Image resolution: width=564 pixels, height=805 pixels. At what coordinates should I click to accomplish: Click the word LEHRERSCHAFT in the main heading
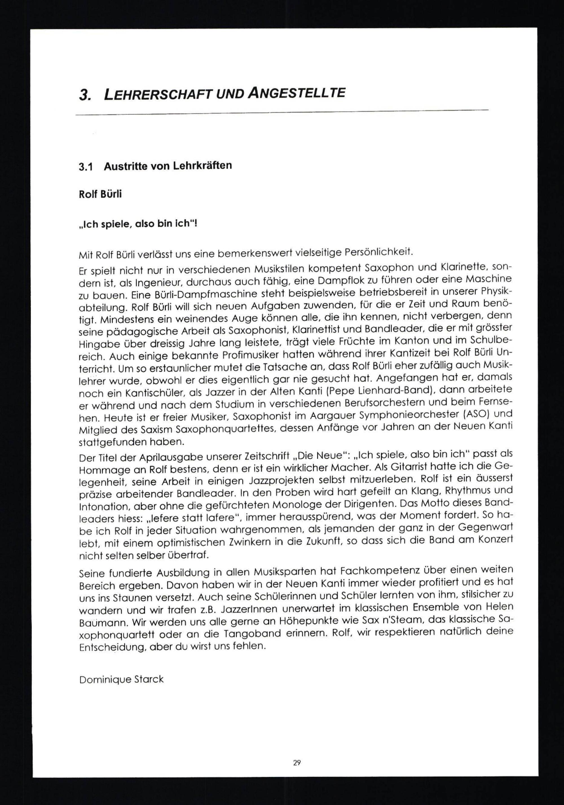pyautogui.click(x=156, y=95)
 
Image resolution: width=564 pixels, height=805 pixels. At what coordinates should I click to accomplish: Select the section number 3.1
pyautogui.click(x=85, y=167)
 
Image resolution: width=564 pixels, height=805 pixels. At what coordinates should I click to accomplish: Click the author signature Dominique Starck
pyautogui.click(x=121, y=679)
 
